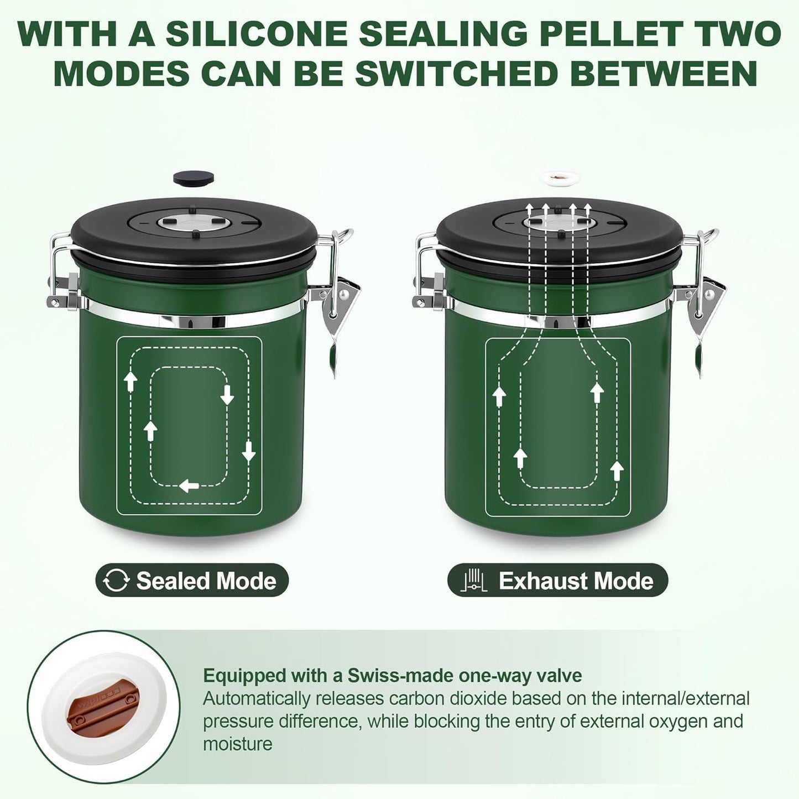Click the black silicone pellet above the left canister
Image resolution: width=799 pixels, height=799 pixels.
193,177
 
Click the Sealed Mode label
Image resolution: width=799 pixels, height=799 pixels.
206,581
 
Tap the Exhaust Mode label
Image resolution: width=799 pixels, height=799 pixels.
576,581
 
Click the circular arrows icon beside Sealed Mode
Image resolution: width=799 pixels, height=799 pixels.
117,581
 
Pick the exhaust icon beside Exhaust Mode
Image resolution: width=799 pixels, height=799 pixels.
473,581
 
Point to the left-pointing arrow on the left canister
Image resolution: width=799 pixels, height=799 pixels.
189,486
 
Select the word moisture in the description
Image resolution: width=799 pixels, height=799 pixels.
238,744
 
